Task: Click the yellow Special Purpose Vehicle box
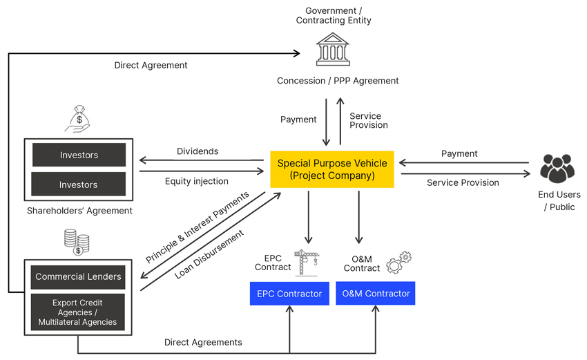[x=332, y=169]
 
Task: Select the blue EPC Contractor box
[x=289, y=294]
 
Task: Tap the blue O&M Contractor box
[x=376, y=294]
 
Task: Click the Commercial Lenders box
[x=78, y=277]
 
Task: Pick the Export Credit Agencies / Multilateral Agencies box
[x=78, y=312]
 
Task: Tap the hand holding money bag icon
[x=78, y=118]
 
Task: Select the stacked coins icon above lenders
[x=77, y=243]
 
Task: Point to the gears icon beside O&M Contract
[x=398, y=263]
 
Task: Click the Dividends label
[x=198, y=151]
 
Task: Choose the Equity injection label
[x=197, y=182]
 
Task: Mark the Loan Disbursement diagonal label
[x=209, y=254]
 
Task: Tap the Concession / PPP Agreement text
[x=338, y=81]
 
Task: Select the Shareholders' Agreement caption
[x=79, y=211]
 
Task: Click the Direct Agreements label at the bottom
[x=203, y=342]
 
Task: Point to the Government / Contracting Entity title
[x=334, y=15]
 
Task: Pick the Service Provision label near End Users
[x=463, y=183]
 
